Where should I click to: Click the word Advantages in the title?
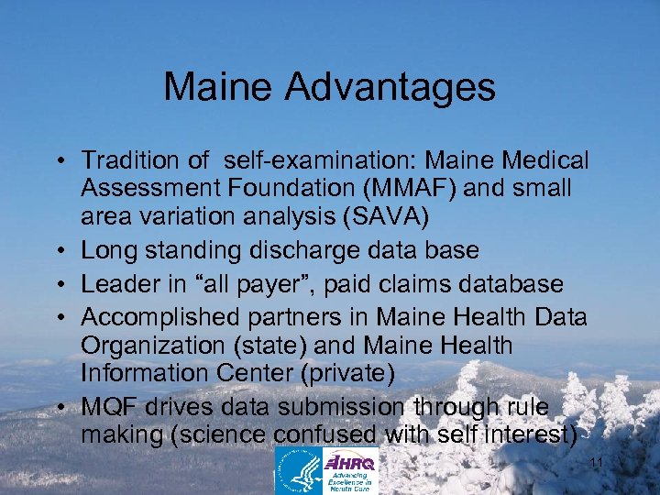point(391,88)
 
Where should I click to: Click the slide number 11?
point(596,463)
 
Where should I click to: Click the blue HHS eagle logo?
point(299,471)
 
